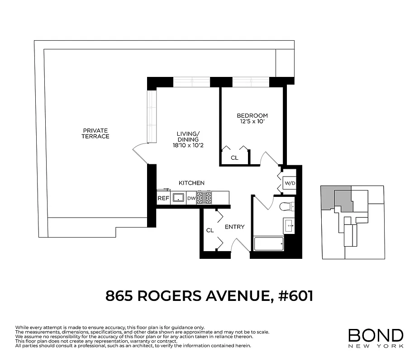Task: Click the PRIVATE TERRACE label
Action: (x=95, y=133)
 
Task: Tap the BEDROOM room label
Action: (x=252, y=115)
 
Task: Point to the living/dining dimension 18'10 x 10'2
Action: (x=188, y=146)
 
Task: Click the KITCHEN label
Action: (x=191, y=183)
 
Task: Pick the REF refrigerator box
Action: (x=163, y=198)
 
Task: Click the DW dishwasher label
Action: (x=191, y=198)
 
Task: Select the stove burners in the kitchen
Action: (x=205, y=197)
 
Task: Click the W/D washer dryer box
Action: (x=289, y=183)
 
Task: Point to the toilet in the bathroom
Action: (x=286, y=206)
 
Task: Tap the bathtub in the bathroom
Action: (x=269, y=243)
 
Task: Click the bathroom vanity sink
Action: (x=289, y=225)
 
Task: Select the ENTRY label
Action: (x=234, y=227)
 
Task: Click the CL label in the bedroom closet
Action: (x=234, y=158)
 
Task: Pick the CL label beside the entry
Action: (x=210, y=230)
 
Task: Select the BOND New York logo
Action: (x=375, y=338)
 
